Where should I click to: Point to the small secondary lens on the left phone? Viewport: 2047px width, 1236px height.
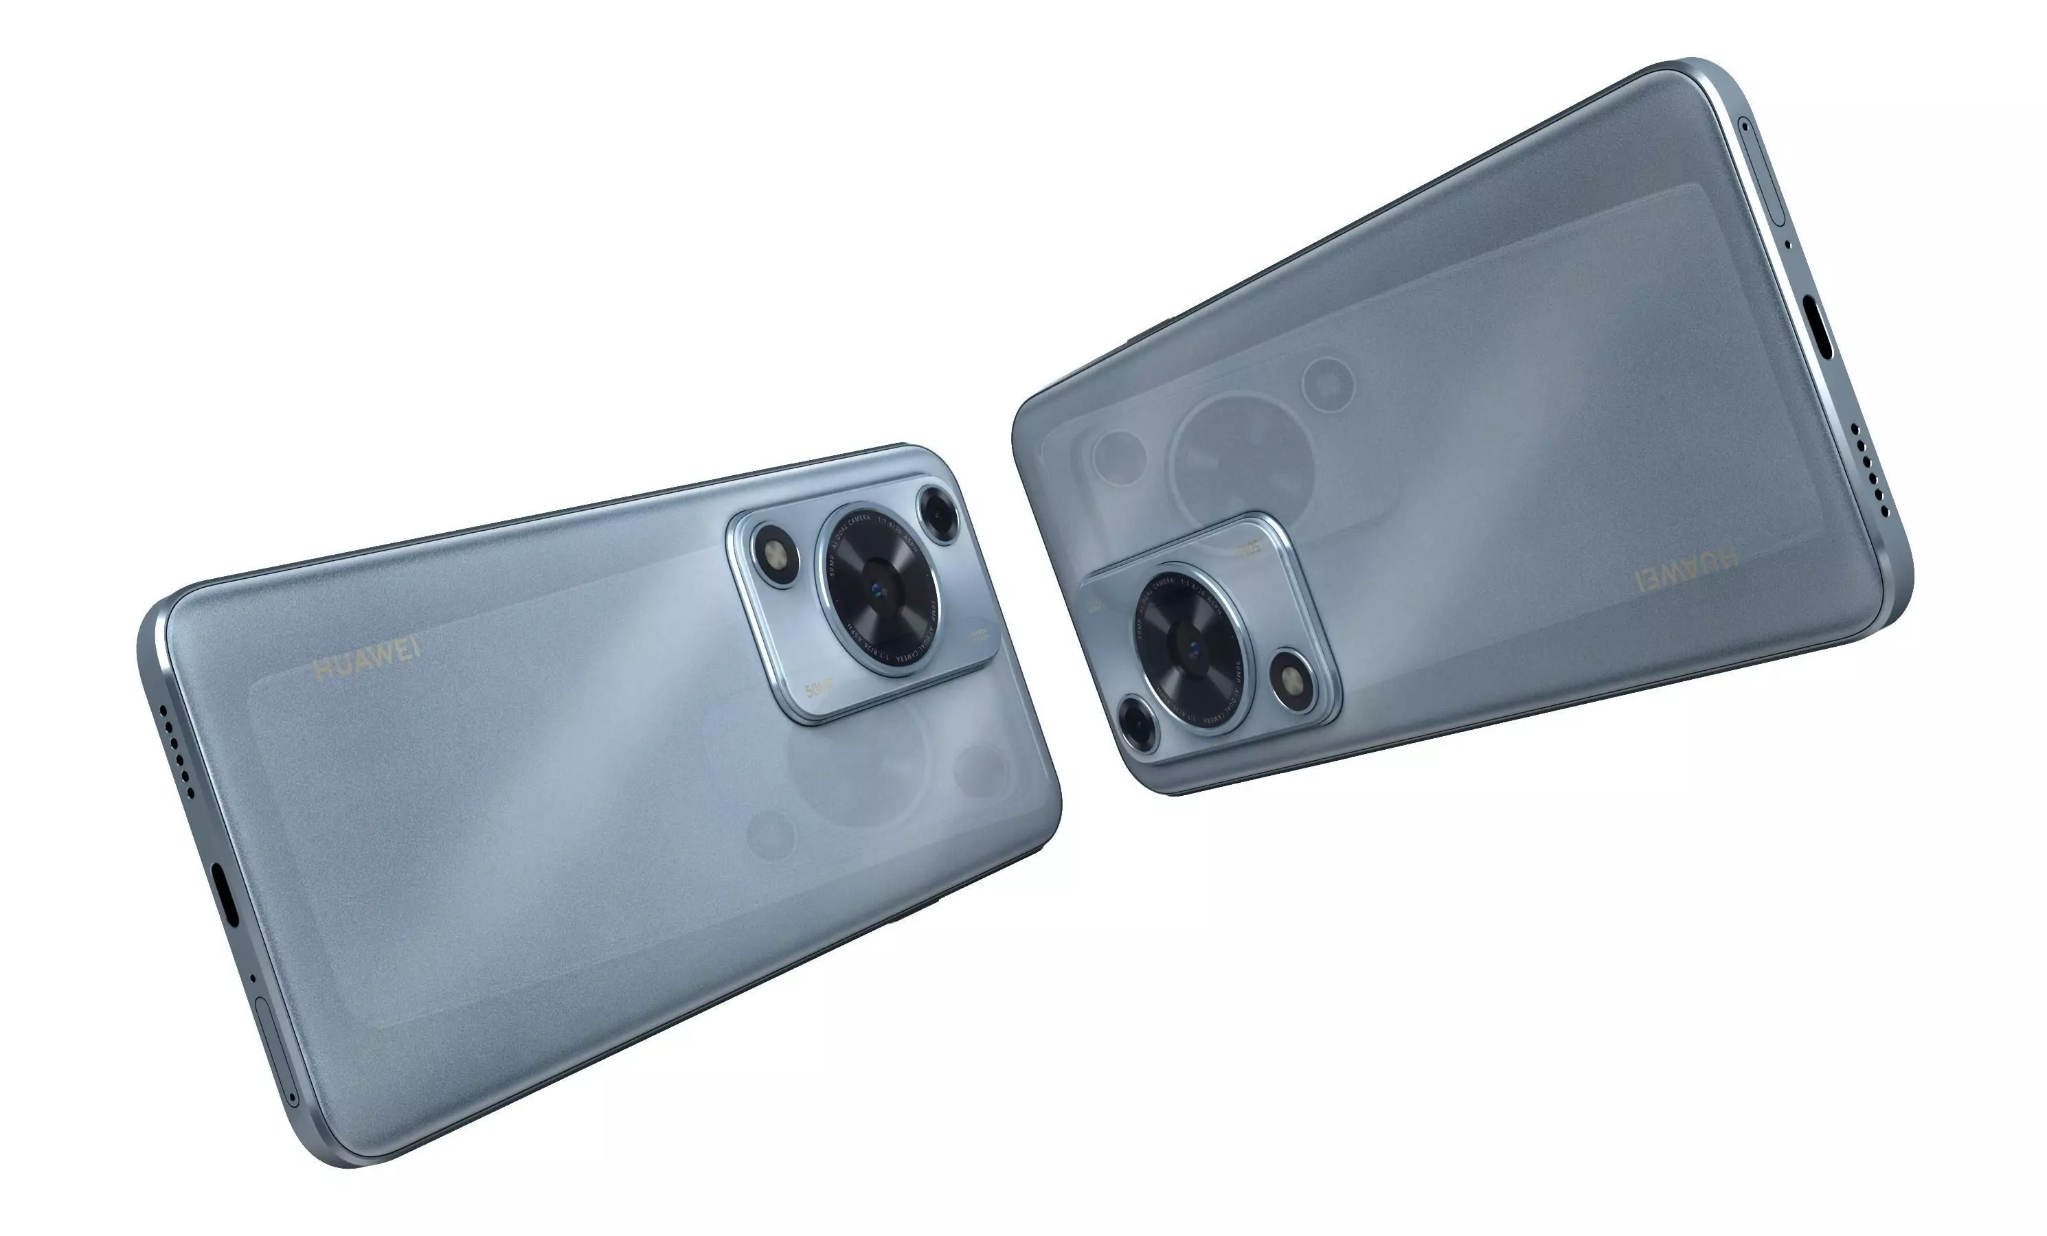939,514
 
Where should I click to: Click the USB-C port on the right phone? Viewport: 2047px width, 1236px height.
1820,328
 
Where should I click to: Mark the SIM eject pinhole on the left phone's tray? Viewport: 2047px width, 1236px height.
293,1097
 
